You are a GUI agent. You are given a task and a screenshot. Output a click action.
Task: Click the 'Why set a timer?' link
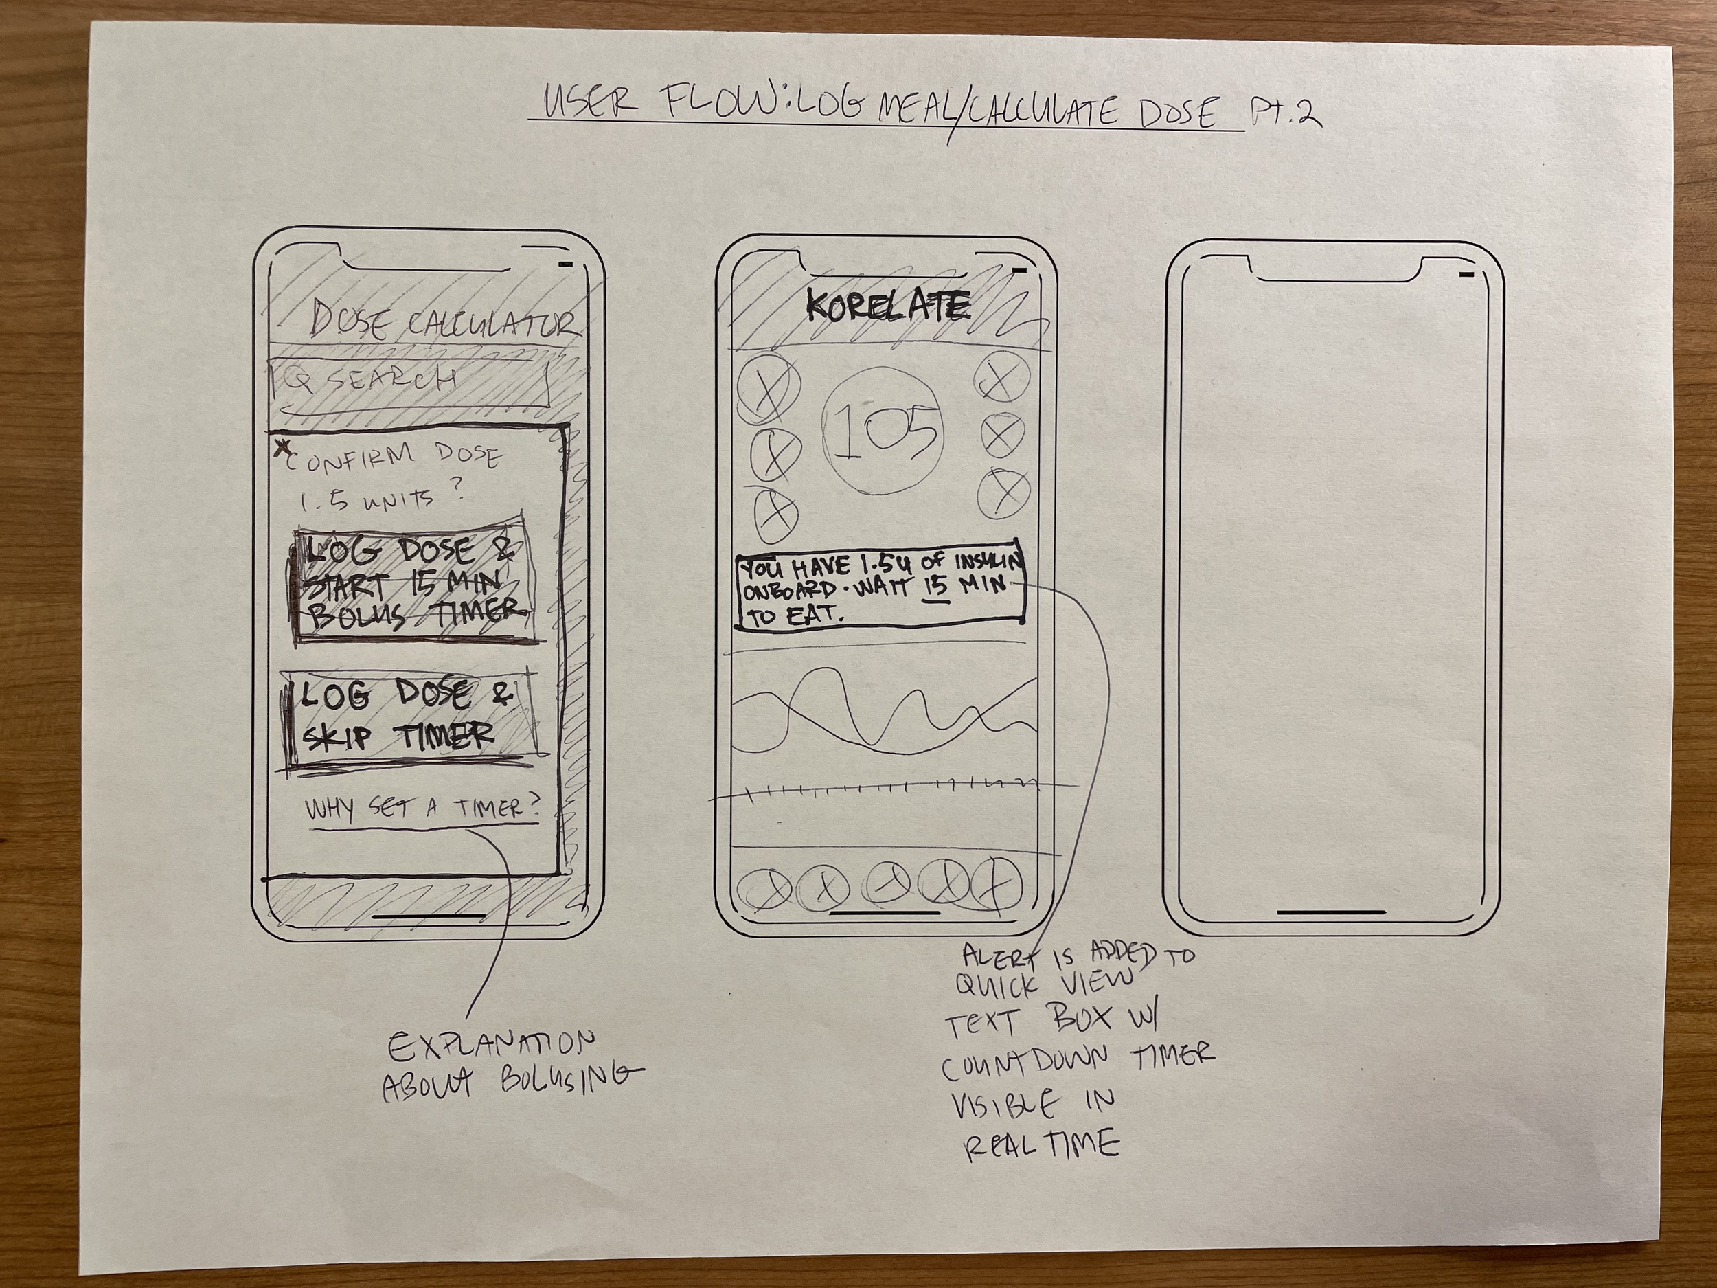click(423, 810)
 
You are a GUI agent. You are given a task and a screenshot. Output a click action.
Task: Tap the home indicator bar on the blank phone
click(1330, 912)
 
